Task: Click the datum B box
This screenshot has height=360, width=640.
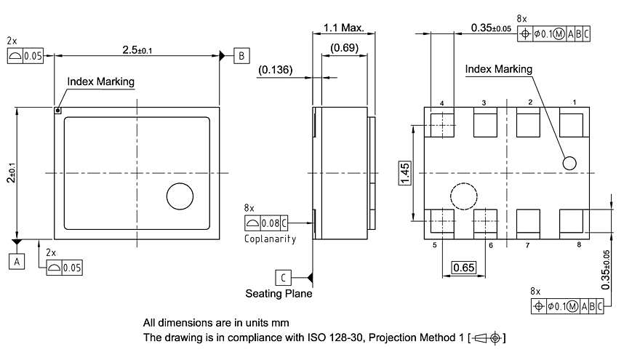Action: click(x=241, y=56)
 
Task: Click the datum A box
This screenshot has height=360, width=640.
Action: click(x=17, y=261)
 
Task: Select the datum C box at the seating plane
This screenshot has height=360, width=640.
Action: click(x=284, y=277)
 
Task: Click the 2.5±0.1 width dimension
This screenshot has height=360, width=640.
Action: click(x=137, y=49)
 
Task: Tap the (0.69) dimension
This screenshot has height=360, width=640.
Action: click(x=343, y=48)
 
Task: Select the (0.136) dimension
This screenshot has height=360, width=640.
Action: click(x=276, y=71)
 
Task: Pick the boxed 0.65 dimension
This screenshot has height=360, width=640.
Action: click(x=464, y=268)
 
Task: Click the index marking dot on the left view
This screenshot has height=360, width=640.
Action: click(x=58, y=111)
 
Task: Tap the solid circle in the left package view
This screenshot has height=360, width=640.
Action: click(x=180, y=196)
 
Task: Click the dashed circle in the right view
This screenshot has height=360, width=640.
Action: click(x=463, y=196)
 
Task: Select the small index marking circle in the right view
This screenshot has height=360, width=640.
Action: click(x=569, y=163)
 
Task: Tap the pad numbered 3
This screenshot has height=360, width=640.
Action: click(x=484, y=124)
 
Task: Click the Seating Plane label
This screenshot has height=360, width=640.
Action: click(x=279, y=294)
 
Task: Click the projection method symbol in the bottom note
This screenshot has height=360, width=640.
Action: click(x=488, y=337)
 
